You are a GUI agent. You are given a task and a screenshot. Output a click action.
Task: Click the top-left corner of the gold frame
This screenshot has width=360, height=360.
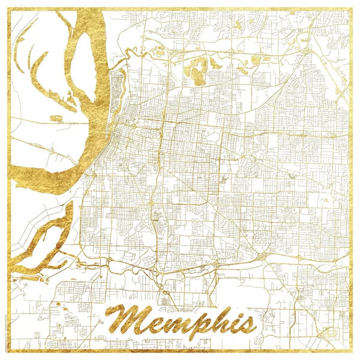(8, 8)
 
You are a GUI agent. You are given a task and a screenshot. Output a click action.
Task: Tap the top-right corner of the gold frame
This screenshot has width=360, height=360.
(352, 8)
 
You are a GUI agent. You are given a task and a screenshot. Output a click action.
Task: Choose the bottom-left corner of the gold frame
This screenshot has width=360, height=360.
(8, 352)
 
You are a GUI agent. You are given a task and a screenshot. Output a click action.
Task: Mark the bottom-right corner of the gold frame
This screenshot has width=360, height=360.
(352, 352)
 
